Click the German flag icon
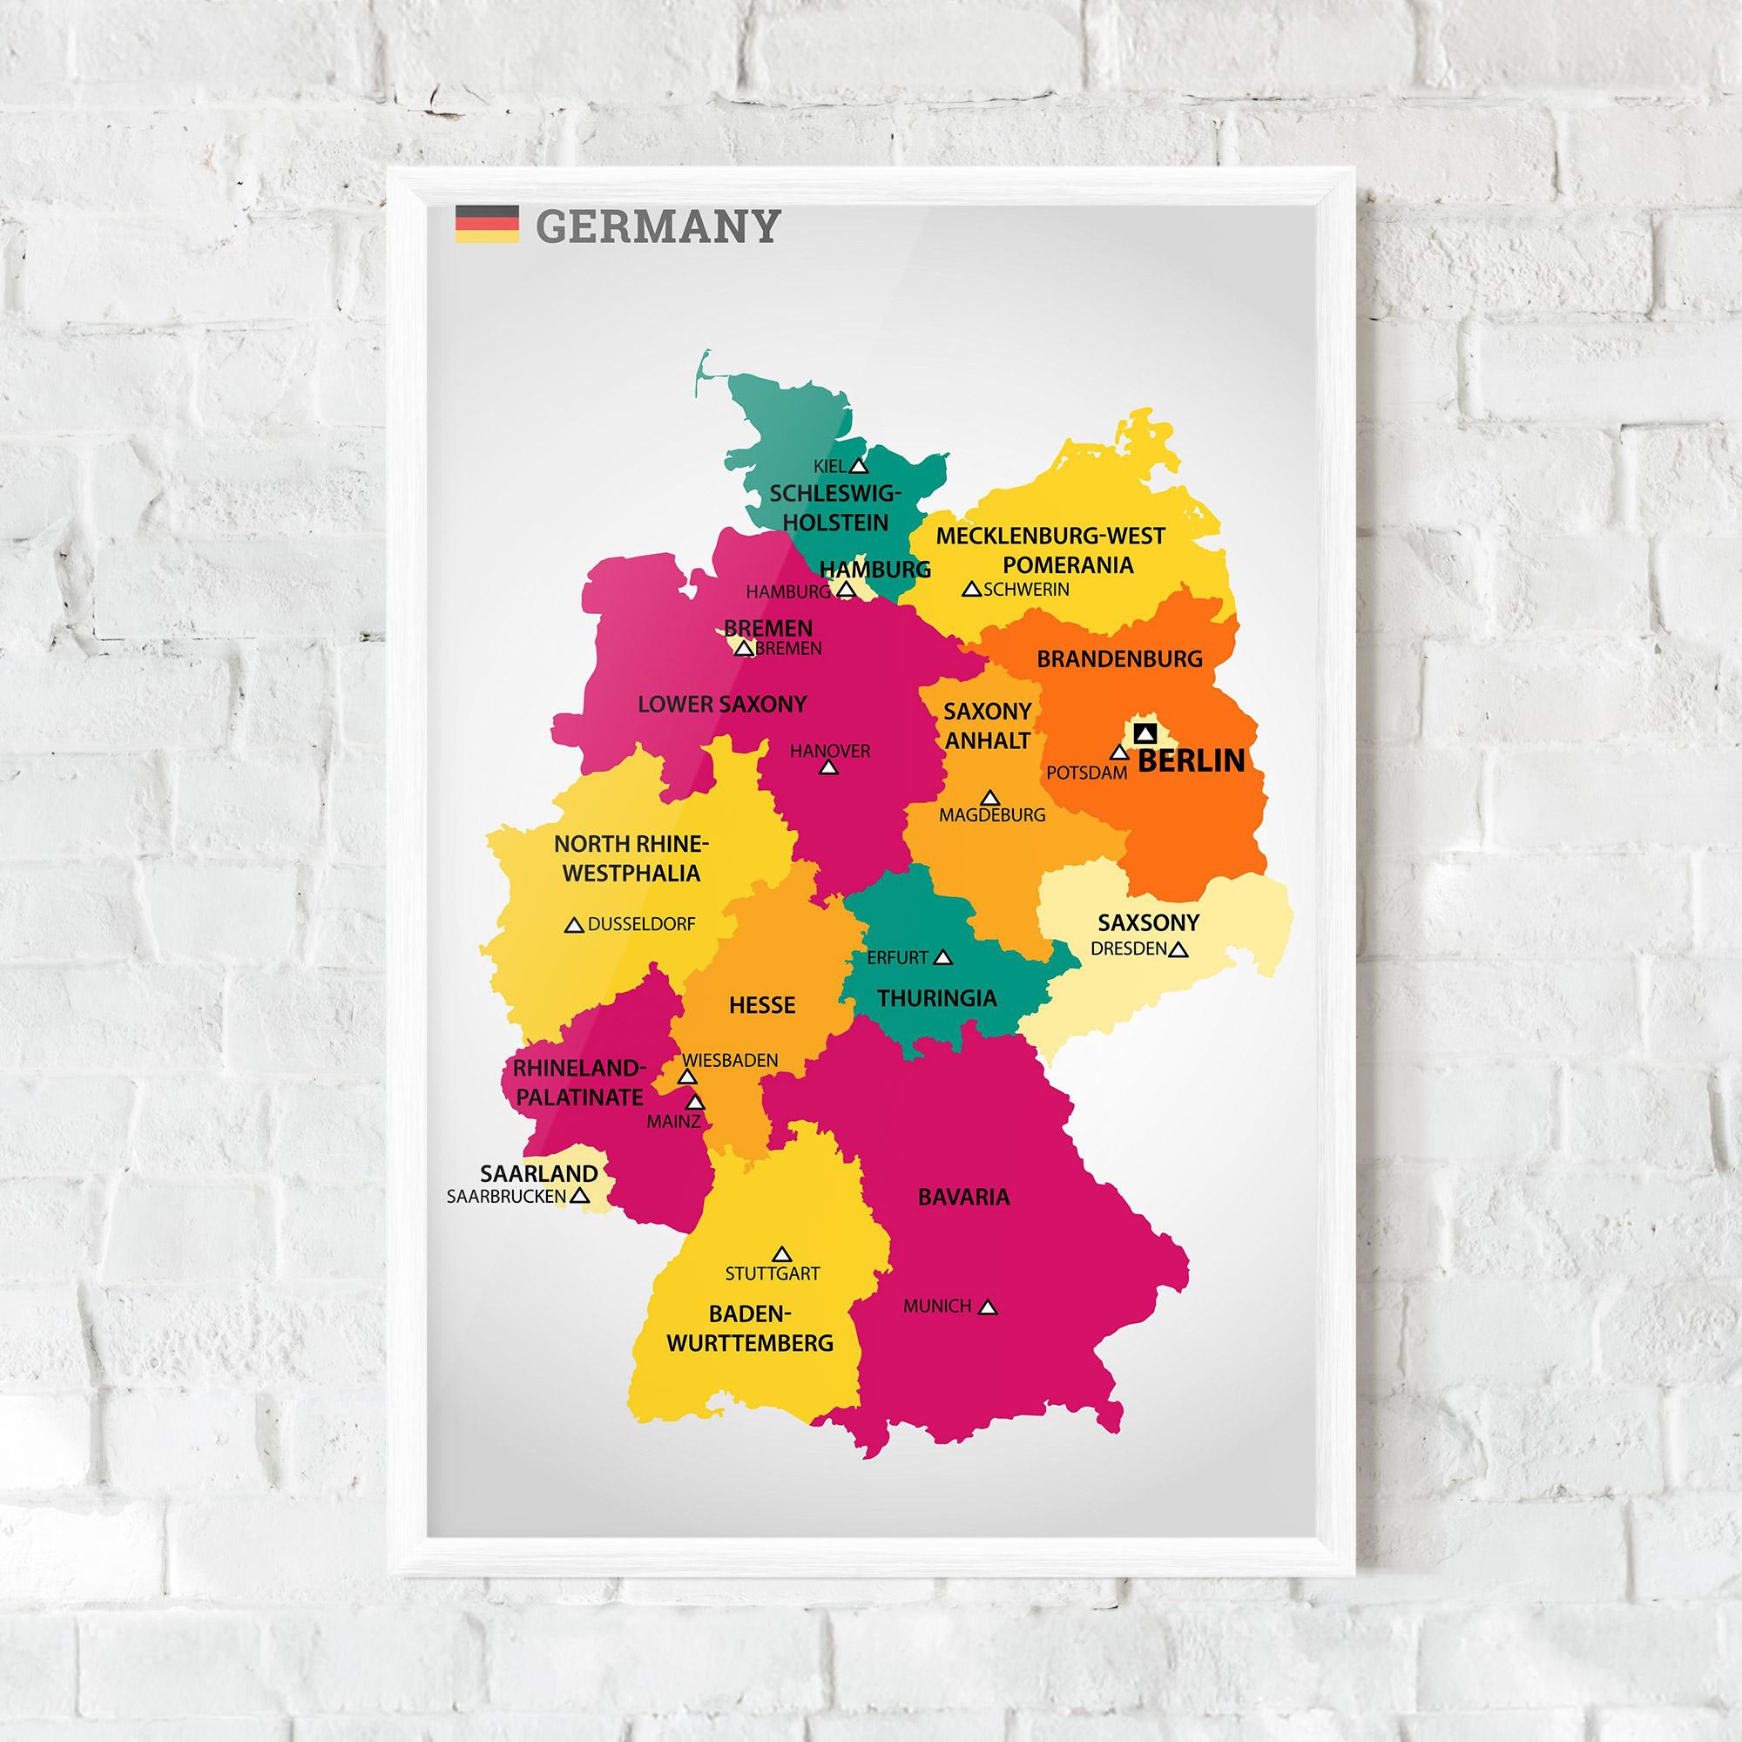[487, 224]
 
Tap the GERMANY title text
[657, 226]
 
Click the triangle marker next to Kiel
[859, 466]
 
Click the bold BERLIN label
[1191, 761]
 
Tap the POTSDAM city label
[1086, 773]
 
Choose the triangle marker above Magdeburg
[991, 798]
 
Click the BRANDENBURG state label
[1119, 659]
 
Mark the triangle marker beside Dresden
[1178, 949]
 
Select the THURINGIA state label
[937, 998]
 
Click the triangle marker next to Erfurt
[943, 957]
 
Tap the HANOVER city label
[830, 750]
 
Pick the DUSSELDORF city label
[641, 925]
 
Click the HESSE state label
[762, 1004]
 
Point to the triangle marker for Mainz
[695, 1102]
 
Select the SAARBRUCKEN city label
[507, 1198]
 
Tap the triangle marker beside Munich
[989, 1306]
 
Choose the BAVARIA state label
[964, 1198]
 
